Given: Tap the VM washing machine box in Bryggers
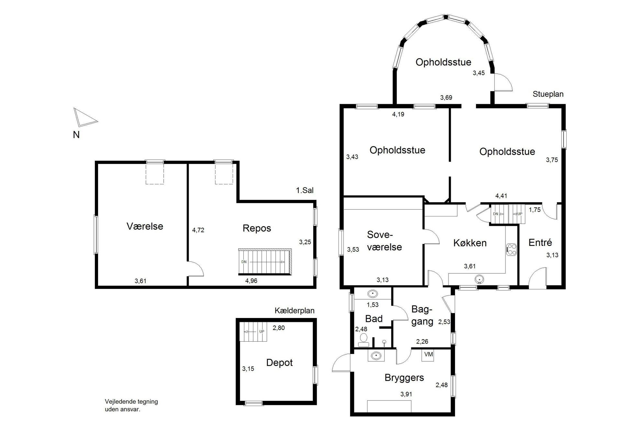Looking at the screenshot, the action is tap(428, 355).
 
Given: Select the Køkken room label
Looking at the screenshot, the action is tap(470, 243).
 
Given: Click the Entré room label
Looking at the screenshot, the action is tap(540, 242).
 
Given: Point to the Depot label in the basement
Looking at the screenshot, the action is tap(279, 363).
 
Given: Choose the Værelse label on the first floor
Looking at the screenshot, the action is tap(145, 226).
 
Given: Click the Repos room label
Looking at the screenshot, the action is tap(257, 228).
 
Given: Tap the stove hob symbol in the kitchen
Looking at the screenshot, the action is tap(512, 249).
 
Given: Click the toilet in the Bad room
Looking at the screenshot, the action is tap(363, 340).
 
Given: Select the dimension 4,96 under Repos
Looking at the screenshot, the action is tap(251, 281).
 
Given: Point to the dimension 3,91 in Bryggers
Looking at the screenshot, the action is tap(406, 394).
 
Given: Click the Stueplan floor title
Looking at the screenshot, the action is tap(548, 94).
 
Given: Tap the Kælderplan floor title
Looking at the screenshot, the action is tap(294, 311).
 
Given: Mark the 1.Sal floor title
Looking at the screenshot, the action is tap(305, 190).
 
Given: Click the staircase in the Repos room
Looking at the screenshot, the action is tap(265, 262).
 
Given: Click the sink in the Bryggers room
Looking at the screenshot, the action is tap(376, 356).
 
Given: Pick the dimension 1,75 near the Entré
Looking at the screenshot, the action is tap(535, 210).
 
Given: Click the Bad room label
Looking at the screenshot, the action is tap(374, 319).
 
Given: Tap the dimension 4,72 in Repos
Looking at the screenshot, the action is tap(198, 230).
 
